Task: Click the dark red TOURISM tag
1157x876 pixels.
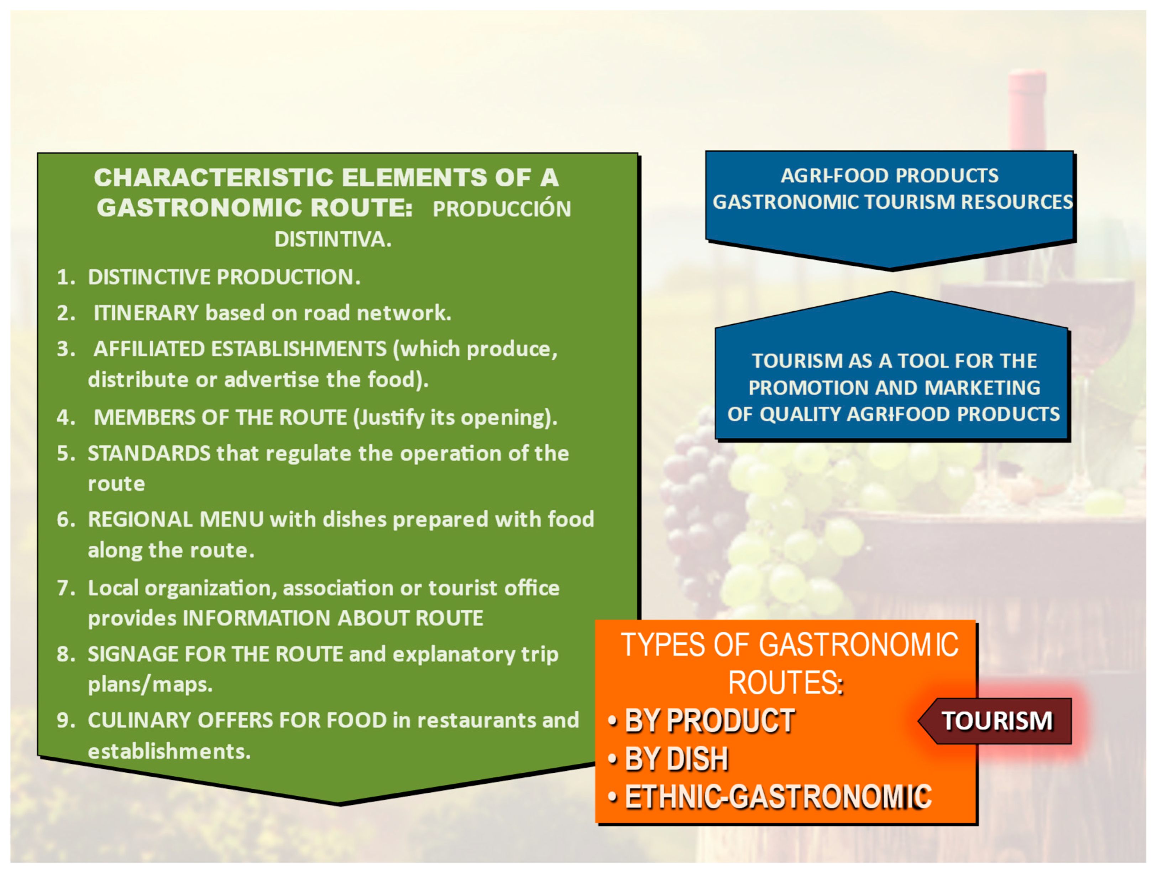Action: pyautogui.click(x=995, y=721)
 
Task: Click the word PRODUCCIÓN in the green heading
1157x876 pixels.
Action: pyautogui.click(x=502, y=209)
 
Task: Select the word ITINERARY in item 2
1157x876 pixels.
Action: pyautogui.click(x=146, y=313)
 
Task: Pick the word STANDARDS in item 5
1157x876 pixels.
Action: pyautogui.click(x=149, y=453)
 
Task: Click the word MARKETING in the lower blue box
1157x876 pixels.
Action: pyautogui.click(x=983, y=388)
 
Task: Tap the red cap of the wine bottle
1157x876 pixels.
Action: pyautogui.click(x=1028, y=105)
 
